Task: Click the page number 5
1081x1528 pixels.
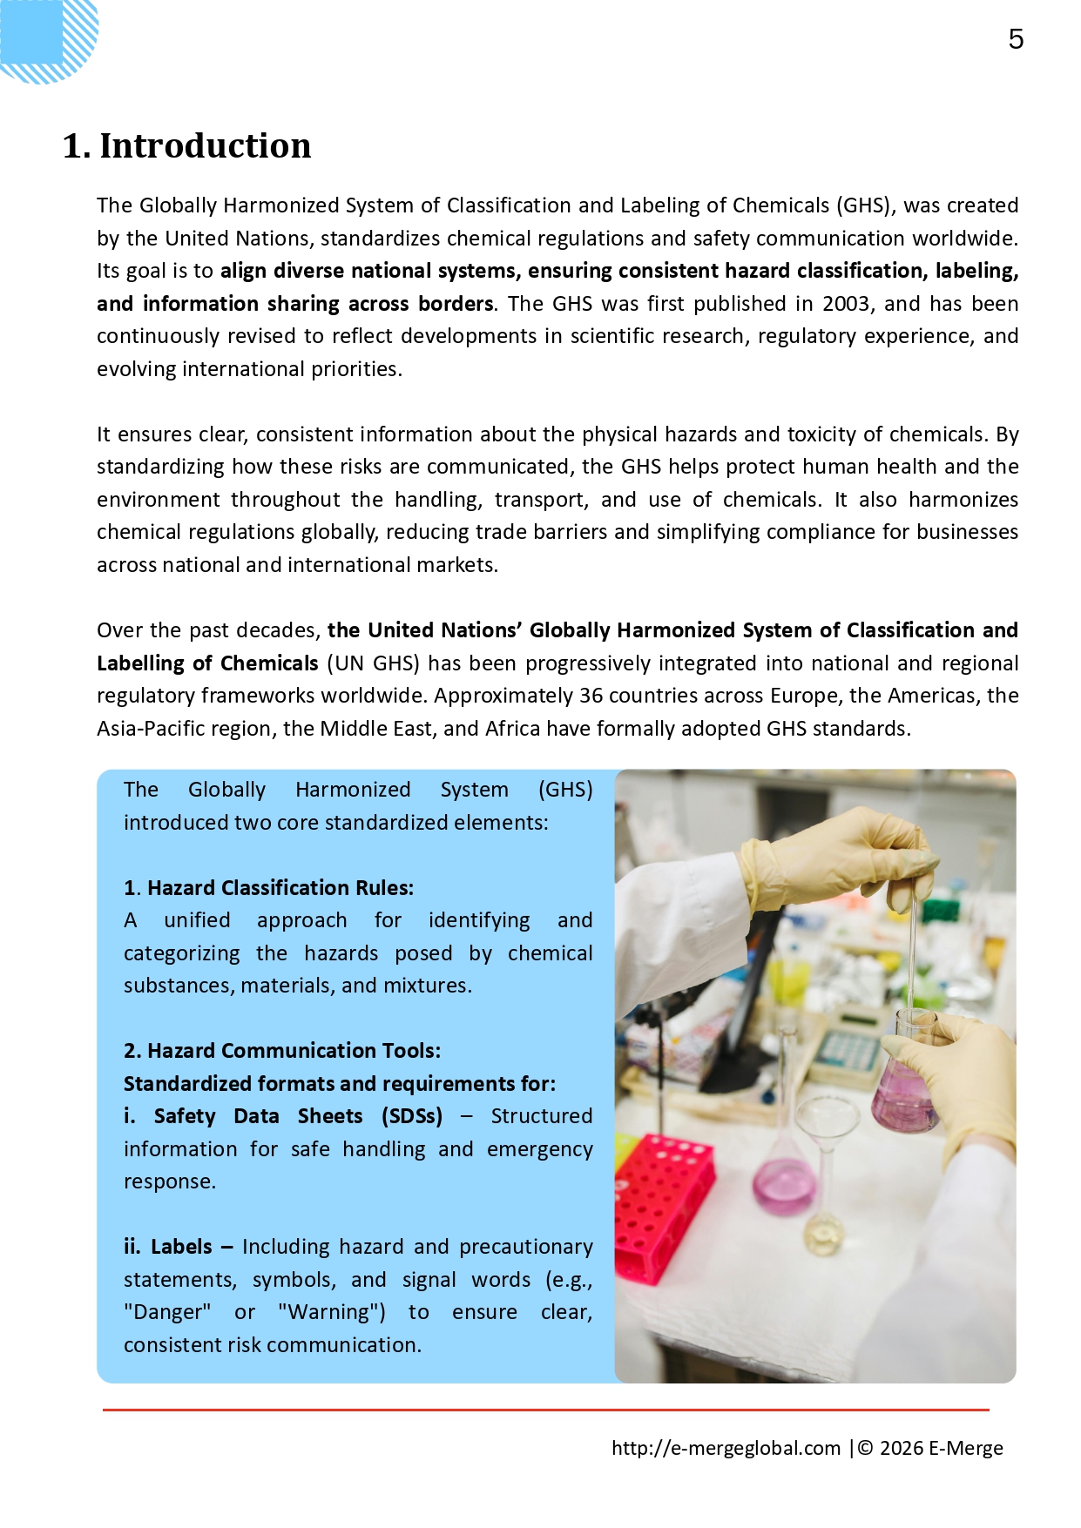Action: (x=1016, y=39)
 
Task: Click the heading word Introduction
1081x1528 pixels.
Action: (x=205, y=146)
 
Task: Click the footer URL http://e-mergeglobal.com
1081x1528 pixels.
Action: (x=726, y=1448)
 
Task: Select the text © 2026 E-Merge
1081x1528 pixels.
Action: (x=930, y=1448)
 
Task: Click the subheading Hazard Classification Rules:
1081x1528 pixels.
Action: (x=280, y=888)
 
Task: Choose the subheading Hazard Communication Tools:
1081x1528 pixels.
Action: (x=294, y=1051)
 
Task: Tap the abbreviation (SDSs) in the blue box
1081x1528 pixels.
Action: (x=411, y=1116)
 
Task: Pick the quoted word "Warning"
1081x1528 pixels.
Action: (x=332, y=1312)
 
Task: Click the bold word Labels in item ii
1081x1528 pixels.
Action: (x=181, y=1247)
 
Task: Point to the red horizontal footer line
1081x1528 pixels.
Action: (x=545, y=1409)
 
